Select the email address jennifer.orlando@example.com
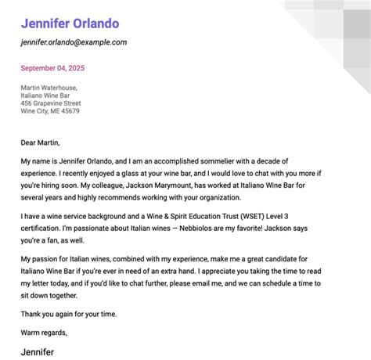(74, 42)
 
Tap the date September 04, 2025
(53, 68)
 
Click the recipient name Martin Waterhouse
(53, 89)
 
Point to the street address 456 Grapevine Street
(51, 103)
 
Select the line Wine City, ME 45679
(50, 111)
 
